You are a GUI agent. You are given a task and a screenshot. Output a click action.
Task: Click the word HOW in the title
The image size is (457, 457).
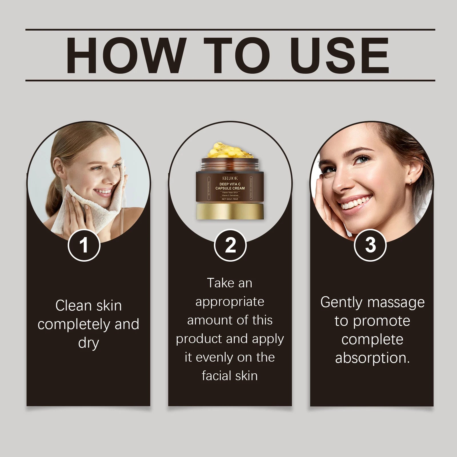click(x=126, y=56)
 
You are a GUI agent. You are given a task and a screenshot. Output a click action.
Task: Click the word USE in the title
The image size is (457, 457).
click(x=340, y=56)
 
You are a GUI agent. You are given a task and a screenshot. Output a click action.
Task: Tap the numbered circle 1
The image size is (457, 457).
click(x=84, y=245)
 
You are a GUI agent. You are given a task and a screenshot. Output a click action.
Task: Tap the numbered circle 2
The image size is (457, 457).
click(x=230, y=245)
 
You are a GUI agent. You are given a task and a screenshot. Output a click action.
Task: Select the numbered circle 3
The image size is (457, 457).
click(x=370, y=245)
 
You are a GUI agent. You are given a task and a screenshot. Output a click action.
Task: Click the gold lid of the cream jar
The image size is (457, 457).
click(x=230, y=211)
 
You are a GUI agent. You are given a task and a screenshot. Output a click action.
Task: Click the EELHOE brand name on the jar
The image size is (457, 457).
click(x=230, y=178)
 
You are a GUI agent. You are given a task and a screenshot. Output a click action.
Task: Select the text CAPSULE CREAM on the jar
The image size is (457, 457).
click(x=230, y=188)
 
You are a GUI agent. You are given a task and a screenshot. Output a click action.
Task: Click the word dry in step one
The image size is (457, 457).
click(x=89, y=343)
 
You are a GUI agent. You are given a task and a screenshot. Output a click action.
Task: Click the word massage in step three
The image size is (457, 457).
click(x=396, y=302)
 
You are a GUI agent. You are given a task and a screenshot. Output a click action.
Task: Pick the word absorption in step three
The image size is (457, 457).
click(x=372, y=358)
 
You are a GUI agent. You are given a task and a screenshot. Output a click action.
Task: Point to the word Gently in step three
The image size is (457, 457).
click(x=342, y=302)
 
